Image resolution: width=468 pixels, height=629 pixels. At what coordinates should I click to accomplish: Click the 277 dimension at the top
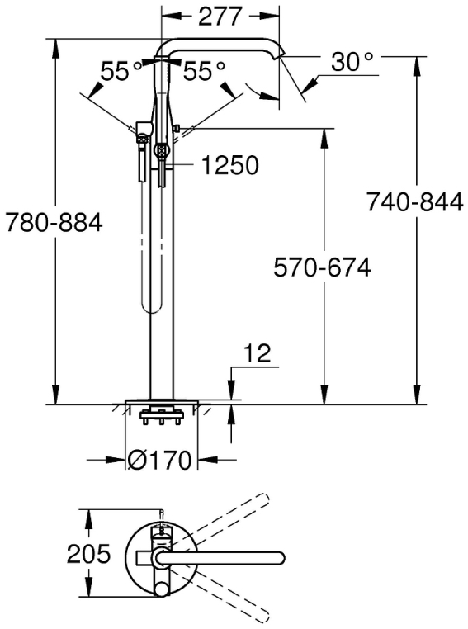tap(220, 16)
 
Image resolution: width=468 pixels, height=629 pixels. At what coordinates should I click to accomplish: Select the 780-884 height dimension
tap(54, 222)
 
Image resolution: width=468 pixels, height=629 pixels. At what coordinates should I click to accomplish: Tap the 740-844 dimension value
tap(414, 201)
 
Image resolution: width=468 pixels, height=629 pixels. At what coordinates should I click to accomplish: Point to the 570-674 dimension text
tap(322, 267)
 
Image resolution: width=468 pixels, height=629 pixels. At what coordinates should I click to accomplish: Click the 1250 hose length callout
tap(229, 165)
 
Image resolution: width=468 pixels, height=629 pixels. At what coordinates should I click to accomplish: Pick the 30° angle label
tap(352, 61)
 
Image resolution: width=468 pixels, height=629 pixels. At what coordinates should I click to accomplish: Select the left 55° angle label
tap(121, 71)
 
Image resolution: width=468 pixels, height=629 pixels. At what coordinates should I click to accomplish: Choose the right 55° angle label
tap(204, 71)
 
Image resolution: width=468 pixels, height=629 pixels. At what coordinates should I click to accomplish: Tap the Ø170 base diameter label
tap(160, 460)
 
